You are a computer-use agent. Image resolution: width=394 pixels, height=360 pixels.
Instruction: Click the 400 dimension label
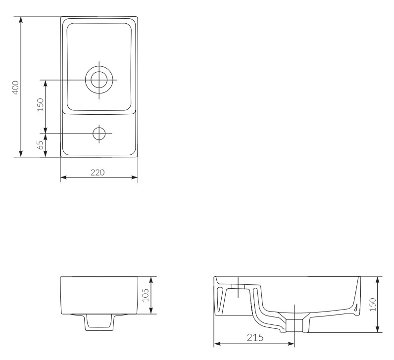coord(15,87)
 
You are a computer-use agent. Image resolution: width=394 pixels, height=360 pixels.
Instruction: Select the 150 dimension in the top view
coord(40,105)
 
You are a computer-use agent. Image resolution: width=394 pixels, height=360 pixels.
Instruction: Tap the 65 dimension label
coord(40,145)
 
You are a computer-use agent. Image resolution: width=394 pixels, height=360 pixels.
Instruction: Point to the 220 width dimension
coord(98,173)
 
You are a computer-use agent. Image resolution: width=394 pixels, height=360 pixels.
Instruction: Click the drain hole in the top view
coord(98,79)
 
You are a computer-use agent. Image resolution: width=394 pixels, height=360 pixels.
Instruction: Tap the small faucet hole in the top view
coord(98,133)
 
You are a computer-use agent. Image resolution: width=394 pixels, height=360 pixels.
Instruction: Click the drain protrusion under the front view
coord(99,322)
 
